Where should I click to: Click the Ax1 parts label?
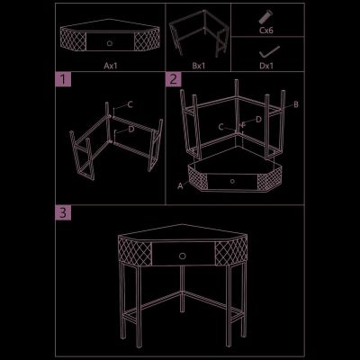pos(111,66)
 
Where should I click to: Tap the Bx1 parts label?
pos(199,66)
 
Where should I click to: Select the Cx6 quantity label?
pos(266,30)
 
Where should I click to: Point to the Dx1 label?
pos(266,66)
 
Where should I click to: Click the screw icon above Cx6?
pos(265,17)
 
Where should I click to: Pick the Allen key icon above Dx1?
pos(269,52)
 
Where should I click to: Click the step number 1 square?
pos(63,79)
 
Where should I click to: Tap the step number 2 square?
pos(174,79)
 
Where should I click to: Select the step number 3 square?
pos(63,212)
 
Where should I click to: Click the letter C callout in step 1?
pos(130,104)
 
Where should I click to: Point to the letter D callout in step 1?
pos(131,130)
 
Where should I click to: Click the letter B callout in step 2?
pos(296,104)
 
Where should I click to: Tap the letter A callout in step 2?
pos(180,186)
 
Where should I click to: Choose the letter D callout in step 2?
pos(258,120)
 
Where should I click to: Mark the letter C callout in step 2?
pos(221,127)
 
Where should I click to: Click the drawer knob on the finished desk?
pos(183,256)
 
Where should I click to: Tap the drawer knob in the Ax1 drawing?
pos(110,43)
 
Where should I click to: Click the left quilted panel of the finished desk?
pos(135,251)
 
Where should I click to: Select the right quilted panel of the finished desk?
pos(231,251)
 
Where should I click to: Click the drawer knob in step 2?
pos(232,181)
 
